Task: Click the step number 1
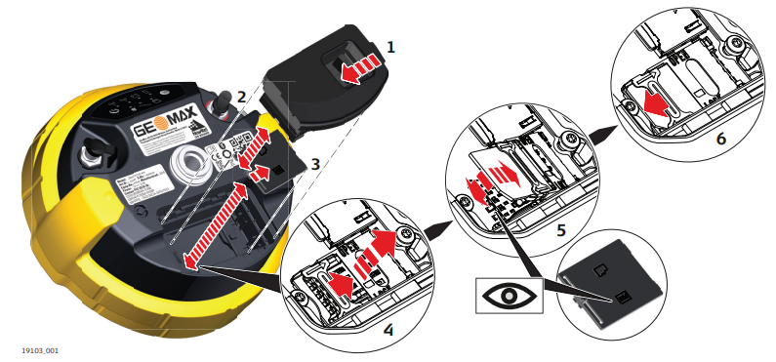click(x=390, y=46)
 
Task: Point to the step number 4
click(x=388, y=330)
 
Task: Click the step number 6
click(x=720, y=140)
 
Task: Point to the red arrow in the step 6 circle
click(x=665, y=104)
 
